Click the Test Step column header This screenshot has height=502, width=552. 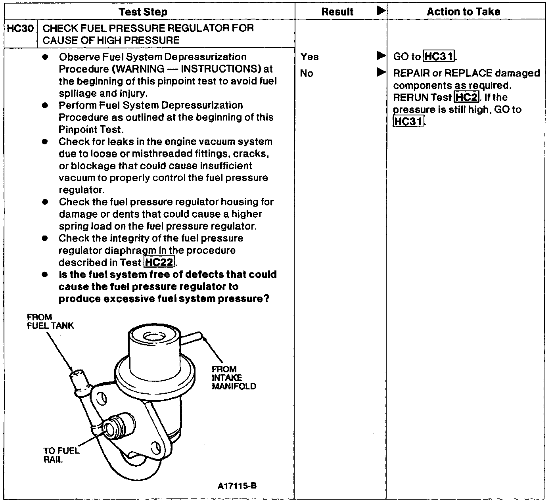click(143, 12)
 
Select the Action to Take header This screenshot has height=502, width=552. click(463, 12)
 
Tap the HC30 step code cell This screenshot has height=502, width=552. click(20, 29)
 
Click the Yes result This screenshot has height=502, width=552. click(309, 57)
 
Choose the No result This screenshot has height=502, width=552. click(306, 73)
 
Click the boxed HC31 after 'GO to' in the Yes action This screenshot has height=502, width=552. click(439, 57)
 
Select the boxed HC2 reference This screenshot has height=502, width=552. click(466, 97)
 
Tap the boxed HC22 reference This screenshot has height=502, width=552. click(159, 262)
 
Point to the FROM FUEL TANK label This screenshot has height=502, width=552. click(50, 322)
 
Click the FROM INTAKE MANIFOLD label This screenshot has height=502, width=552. click(234, 378)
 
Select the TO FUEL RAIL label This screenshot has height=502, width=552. click(61, 455)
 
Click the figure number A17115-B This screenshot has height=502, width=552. click(237, 486)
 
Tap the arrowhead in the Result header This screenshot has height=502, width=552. click(381, 11)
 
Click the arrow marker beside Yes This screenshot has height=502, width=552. click(381, 56)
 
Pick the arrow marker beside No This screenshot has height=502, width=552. click(381, 72)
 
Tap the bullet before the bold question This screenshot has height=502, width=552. click(45, 274)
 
